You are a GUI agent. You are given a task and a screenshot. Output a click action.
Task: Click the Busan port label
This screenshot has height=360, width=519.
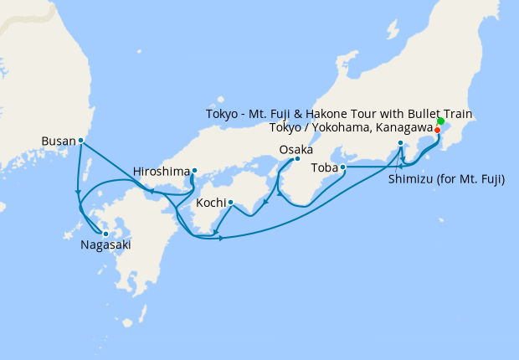58,141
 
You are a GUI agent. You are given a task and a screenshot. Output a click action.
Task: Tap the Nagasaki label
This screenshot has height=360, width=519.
105,245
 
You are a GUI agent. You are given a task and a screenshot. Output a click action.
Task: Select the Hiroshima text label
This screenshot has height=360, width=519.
162,172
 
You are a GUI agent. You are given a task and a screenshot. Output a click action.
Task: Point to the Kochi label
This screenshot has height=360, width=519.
210,203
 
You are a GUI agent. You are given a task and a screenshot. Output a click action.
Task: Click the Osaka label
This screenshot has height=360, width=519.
296,150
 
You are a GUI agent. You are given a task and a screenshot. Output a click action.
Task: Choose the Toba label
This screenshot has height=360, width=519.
324,167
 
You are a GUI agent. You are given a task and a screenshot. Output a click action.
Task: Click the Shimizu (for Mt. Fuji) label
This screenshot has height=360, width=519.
446,179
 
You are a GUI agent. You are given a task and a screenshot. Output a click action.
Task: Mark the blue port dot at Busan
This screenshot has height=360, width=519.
80,141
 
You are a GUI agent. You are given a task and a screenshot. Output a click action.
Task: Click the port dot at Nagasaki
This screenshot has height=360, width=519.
105,234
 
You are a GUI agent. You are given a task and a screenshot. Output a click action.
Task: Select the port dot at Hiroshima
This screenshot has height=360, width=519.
194,171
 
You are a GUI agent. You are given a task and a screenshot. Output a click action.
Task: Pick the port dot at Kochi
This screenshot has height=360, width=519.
230,202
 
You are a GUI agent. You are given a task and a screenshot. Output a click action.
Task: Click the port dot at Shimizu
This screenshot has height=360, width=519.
401,143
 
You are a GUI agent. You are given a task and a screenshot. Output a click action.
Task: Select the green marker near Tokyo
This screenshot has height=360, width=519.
441,122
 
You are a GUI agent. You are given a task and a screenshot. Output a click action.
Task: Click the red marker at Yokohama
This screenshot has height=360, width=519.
437,130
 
